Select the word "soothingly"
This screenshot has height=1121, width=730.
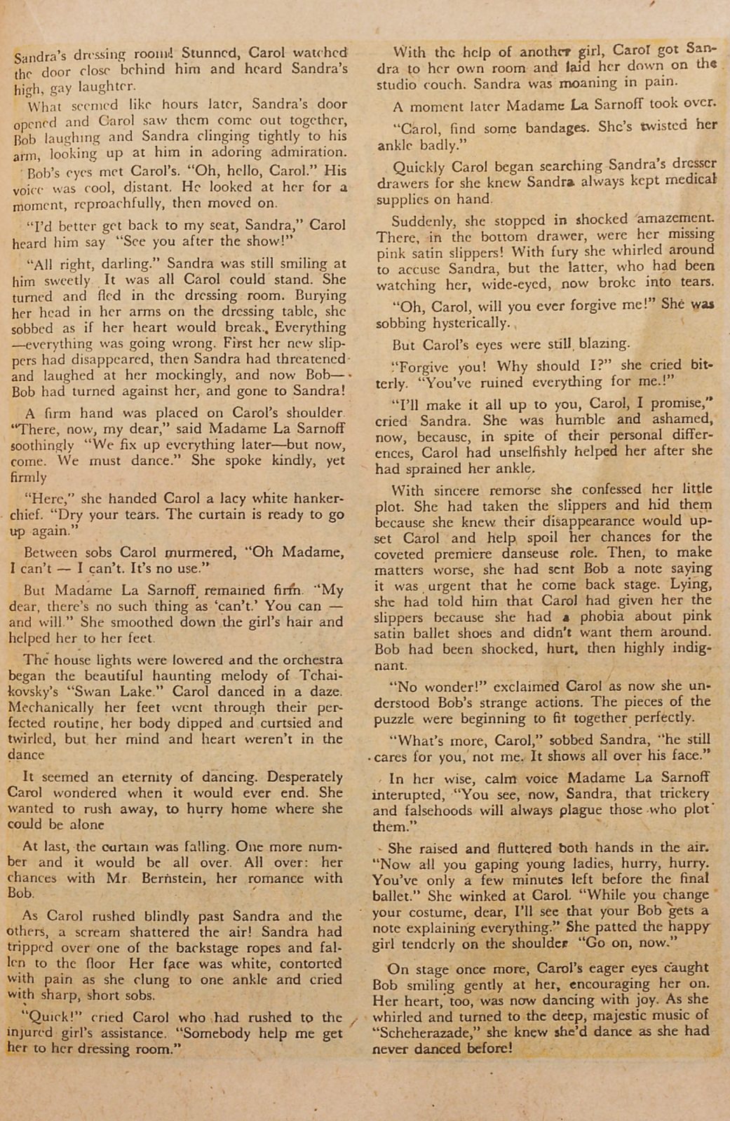tap(43, 446)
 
